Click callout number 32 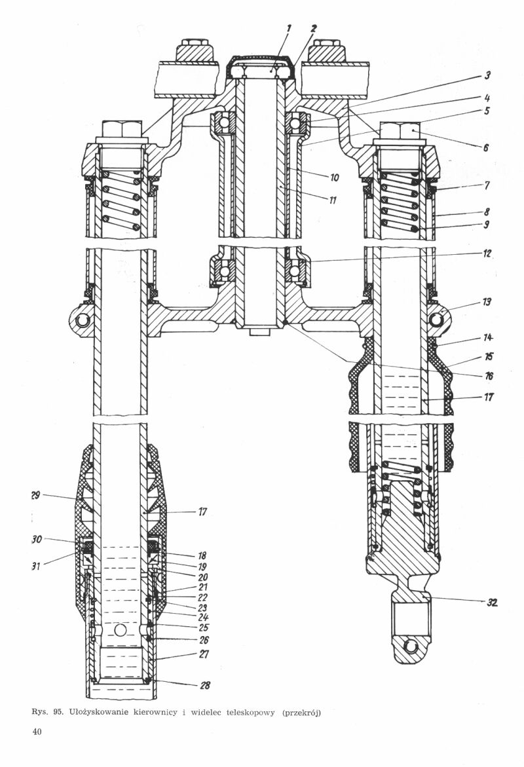pyautogui.click(x=492, y=603)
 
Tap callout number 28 pyautogui.click(x=205, y=685)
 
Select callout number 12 pyautogui.click(x=487, y=254)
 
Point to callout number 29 pyautogui.click(x=35, y=496)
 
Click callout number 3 pyautogui.click(x=488, y=75)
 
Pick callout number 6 pyautogui.click(x=486, y=147)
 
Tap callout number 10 pyautogui.click(x=334, y=178)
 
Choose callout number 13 pyautogui.click(x=487, y=302)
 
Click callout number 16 pyautogui.click(x=488, y=376)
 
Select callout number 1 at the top pyautogui.click(x=289, y=28)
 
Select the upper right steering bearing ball pyautogui.click(x=294, y=122)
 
